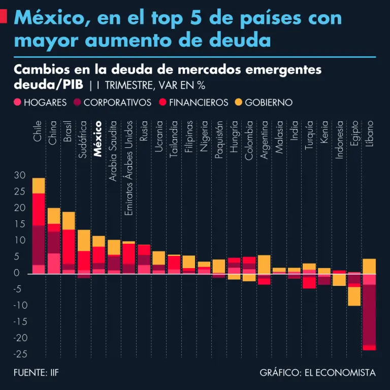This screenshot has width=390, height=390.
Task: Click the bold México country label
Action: (98, 138)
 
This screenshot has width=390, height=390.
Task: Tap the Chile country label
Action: (38, 131)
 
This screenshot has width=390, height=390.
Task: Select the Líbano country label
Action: (369, 133)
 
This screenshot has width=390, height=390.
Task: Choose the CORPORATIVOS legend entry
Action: (112, 103)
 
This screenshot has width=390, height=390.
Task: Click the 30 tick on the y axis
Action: (20, 175)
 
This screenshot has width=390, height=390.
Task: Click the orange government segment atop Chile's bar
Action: (39, 185)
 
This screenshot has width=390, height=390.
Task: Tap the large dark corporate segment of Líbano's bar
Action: (369, 315)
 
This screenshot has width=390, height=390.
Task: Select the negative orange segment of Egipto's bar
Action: (354, 297)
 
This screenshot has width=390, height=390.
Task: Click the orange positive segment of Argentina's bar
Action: (264, 264)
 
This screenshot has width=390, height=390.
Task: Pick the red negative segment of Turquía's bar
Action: (309, 281)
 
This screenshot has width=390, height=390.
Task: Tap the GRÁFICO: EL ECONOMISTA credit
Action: (317, 373)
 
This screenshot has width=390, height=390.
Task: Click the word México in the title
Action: (47, 18)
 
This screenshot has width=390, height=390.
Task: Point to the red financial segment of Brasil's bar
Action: (69, 246)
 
